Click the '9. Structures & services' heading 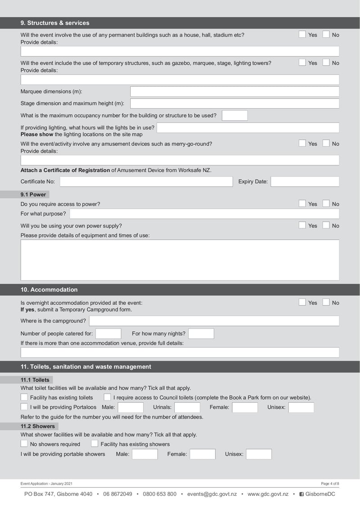pyautogui.click(x=55, y=23)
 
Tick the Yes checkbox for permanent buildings pyautogui.click(x=302, y=35)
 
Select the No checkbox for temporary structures pyautogui.click(x=326, y=63)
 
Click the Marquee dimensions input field pyautogui.click(x=234, y=92)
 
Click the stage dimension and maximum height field pyautogui.click(x=234, y=103)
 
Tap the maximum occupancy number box pyautogui.click(x=234, y=116)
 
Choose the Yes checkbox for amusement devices pyautogui.click(x=302, y=143)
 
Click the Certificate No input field pyautogui.click(x=146, y=182)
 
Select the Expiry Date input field pyautogui.click(x=305, y=182)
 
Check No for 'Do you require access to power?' pyautogui.click(x=326, y=204)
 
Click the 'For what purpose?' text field pyautogui.click(x=204, y=214)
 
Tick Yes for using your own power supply pyautogui.click(x=302, y=225)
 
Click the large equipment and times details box pyautogui.click(x=180, y=260)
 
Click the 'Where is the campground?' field pyautogui.click(x=214, y=321)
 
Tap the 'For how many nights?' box pyautogui.click(x=201, y=334)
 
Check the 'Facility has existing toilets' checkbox pyautogui.click(x=24, y=397)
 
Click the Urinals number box pyautogui.click(x=187, y=408)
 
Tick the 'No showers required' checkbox pyautogui.click(x=24, y=444)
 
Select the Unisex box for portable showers pyautogui.click(x=259, y=454)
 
